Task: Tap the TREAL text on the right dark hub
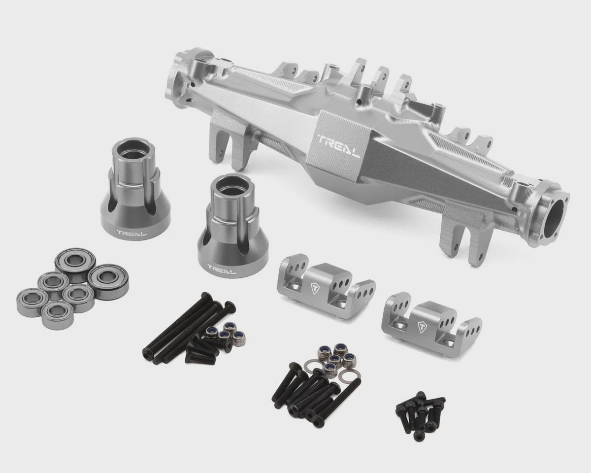coord(222,268)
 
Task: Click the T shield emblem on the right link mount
coord(422,327)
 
